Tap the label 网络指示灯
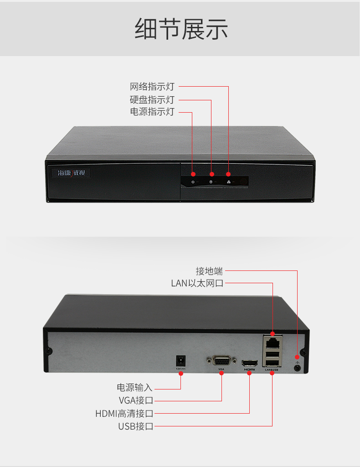coord(152,87)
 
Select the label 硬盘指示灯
coord(152,99)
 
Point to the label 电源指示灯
coord(152,112)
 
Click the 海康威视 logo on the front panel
coord(69,173)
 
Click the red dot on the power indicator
coord(193,175)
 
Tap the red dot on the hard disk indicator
coord(211,175)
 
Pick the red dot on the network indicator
coord(228,175)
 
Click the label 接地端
coord(209,271)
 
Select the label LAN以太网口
coord(197,283)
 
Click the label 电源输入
coord(135,388)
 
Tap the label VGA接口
coord(136,400)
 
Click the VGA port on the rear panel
coord(221,361)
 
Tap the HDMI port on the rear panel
coord(249,363)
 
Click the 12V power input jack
coord(180,359)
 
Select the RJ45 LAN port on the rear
coord(273,341)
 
